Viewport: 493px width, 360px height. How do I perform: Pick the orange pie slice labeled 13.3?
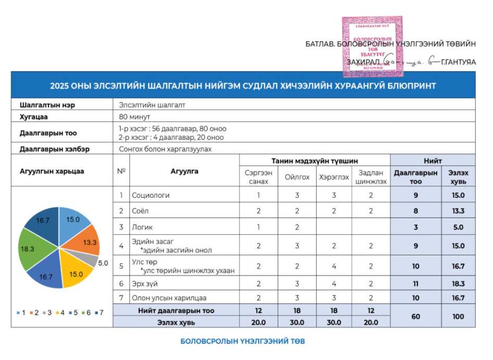[83, 239]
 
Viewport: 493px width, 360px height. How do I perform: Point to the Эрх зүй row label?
[146, 284]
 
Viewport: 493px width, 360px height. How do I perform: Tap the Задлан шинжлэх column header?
[370, 177]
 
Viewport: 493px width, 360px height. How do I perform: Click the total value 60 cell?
[415, 316]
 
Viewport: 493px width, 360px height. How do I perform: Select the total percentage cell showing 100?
[458, 316]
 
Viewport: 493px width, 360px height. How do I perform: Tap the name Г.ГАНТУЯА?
[458, 62]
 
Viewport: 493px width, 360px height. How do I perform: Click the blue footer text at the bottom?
[243, 342]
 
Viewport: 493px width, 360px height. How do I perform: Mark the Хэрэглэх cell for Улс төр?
[334, 266]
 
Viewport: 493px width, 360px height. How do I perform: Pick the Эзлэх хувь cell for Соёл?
[458, 211]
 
